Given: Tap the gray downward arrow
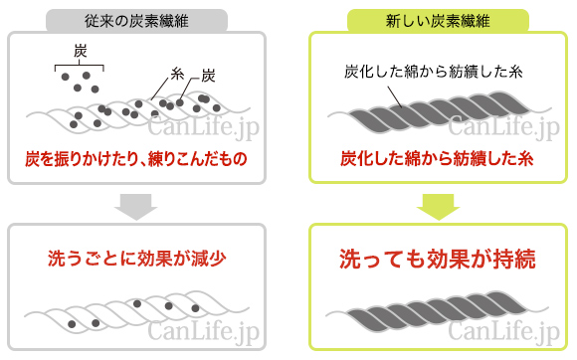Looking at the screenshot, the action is [135, 206].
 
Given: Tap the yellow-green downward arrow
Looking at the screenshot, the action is [436, 206].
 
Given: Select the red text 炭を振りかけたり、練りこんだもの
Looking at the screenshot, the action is [135, 159].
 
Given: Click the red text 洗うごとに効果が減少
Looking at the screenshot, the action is [136, 259].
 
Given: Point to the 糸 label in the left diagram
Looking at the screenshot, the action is [178, 74].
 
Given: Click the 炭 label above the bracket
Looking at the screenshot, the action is [81, 50].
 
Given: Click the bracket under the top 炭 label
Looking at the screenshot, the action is [80, 66].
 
